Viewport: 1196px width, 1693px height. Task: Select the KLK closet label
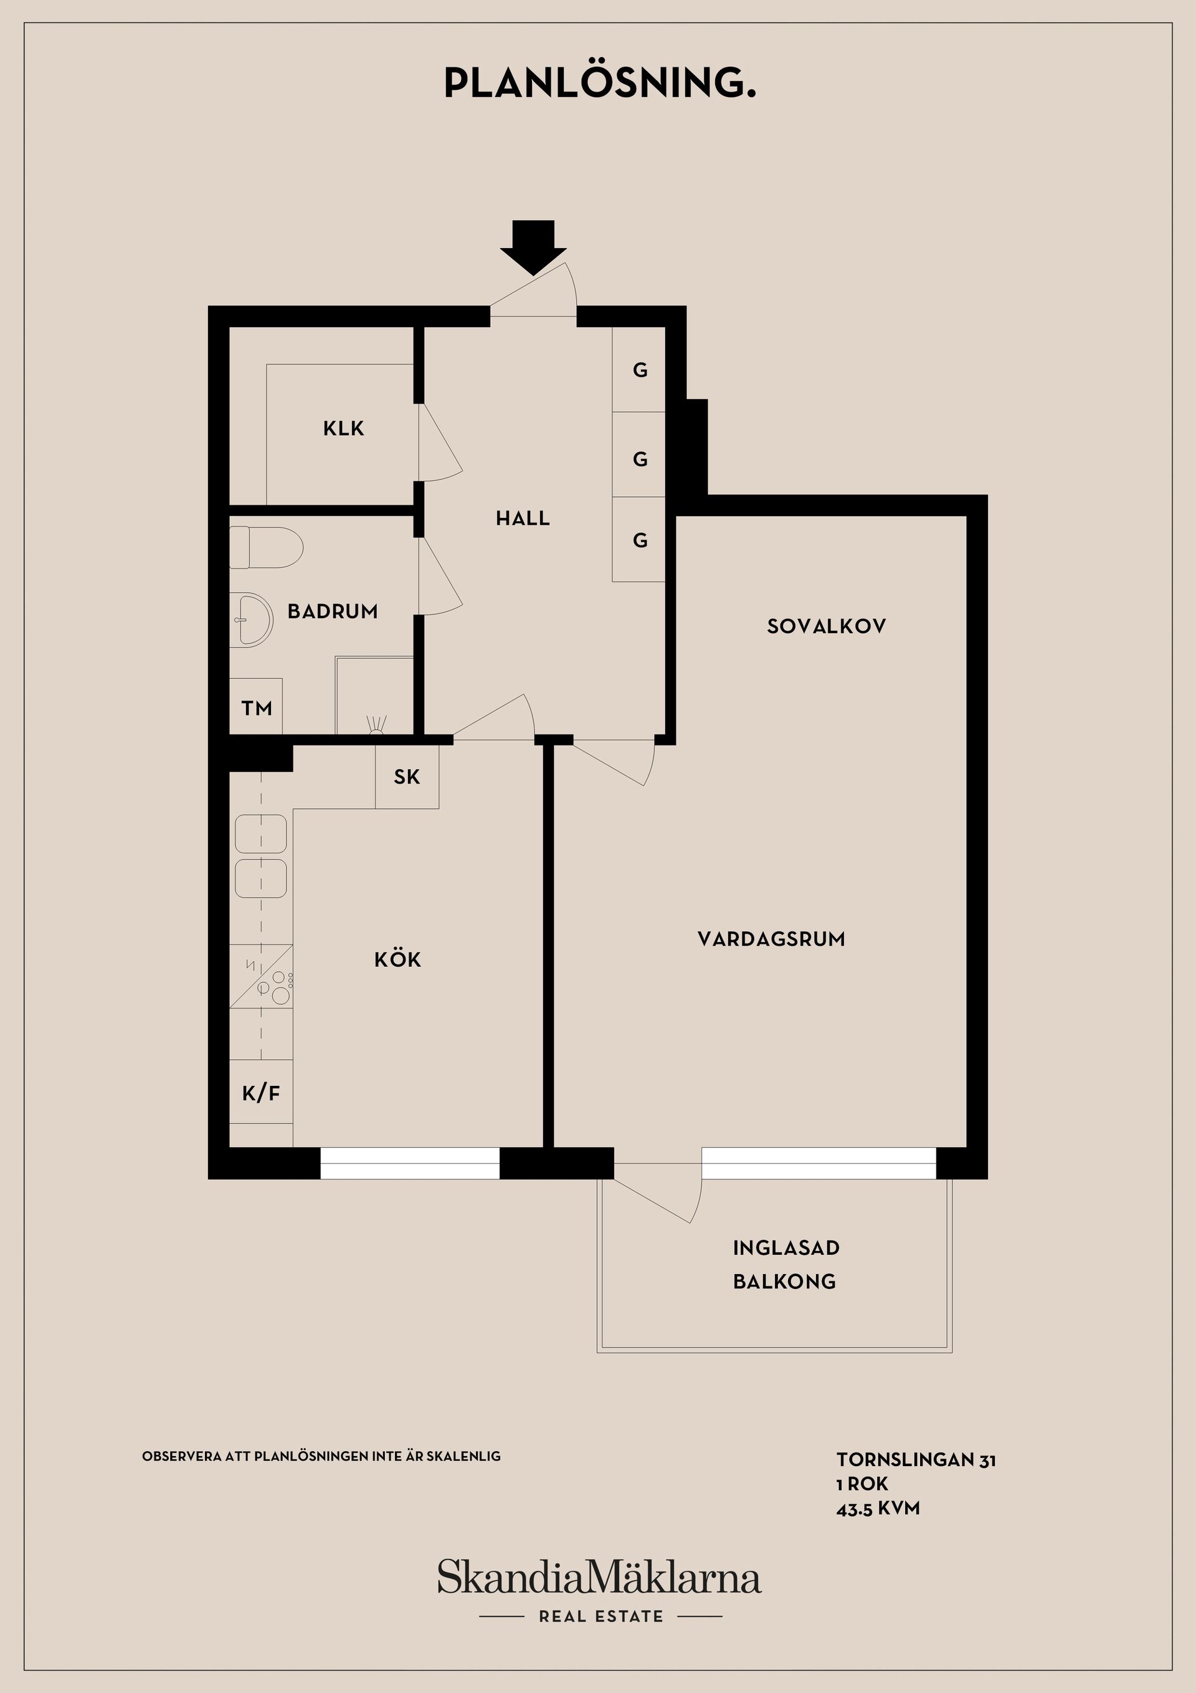[x=343, y=428]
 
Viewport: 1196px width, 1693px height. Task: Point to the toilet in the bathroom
[x=266, y=547]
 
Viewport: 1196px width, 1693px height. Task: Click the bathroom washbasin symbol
[x=250, y=620]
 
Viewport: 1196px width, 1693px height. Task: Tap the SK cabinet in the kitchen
[x=407, y=777]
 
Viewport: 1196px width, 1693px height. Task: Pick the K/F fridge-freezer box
[x=261, y=1092]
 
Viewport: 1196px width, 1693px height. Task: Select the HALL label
[x=523, y=519]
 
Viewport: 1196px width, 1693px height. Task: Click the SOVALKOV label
[x=826, y=626]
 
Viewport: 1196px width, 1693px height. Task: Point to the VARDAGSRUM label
[x=771, y=939]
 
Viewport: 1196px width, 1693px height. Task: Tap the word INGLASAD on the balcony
[x=786, y=1248]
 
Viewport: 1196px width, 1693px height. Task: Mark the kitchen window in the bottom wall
[x=410, y=1163]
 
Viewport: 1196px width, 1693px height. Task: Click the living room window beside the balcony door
[x=819, y=1163]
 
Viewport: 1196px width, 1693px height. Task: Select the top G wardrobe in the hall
[x=639, y=370]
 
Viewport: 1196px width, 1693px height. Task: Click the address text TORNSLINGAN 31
[x=916, y=1459]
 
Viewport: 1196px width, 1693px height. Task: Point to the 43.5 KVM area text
[x=878, y=1508]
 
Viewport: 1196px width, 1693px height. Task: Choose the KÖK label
[x=398, y=959]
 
